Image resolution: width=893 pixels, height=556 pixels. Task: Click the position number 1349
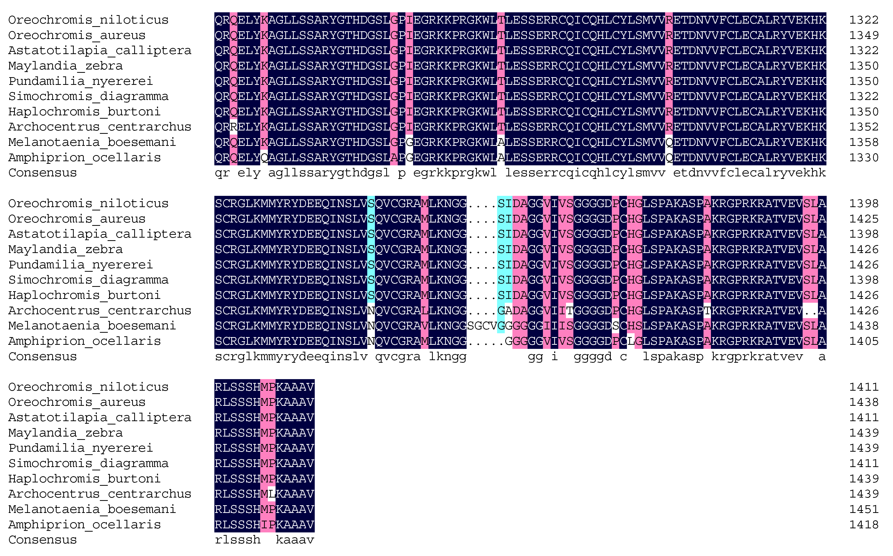pos(863,35)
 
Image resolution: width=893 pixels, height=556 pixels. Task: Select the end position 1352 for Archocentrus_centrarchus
pos(863,127)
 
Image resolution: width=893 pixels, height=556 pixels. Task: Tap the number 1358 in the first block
pos(863,142)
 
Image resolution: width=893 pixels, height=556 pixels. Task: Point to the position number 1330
pos(863,158)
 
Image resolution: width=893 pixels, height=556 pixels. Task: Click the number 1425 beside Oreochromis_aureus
pos(863,219)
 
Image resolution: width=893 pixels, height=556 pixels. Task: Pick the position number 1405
pos(863,341)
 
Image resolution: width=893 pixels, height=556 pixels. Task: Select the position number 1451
pos(863,509)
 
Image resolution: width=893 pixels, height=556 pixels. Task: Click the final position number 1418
pos(863,525)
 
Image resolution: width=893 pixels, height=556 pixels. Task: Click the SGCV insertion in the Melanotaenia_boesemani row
pos(482,326)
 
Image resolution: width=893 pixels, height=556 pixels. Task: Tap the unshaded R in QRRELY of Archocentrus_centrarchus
pos(233,127)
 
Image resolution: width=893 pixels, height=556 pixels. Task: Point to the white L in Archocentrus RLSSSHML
pos(271,494)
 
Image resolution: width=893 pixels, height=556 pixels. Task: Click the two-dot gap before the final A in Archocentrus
pos(810,311)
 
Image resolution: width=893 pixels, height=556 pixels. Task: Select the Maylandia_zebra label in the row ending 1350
pos(65,66)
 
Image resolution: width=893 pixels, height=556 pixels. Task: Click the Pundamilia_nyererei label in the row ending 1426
pos(80,265)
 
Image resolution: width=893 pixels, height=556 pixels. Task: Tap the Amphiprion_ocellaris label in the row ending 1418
pos(85,525)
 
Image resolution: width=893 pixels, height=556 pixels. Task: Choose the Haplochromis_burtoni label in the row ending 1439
pos(85,479)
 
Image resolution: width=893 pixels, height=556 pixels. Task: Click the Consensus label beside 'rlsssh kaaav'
pos(43,540)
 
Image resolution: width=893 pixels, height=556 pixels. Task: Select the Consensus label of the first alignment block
pos(43,173)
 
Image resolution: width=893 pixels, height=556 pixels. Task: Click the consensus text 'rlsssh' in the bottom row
pos(237,540)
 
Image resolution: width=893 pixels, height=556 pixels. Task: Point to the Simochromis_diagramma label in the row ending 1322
pos(88,96)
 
